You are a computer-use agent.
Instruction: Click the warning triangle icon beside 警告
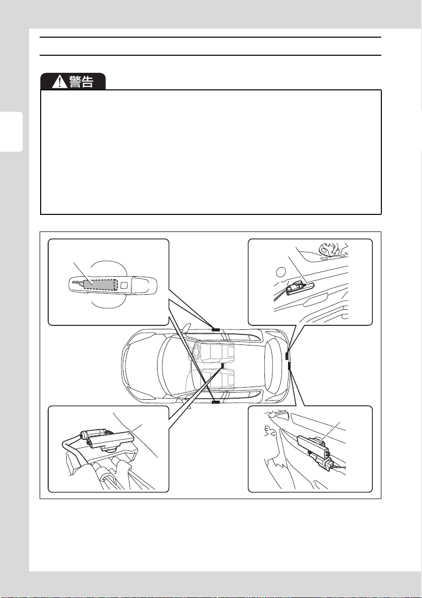(x=59, y=82)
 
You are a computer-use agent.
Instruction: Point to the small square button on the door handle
(x=124, y=285)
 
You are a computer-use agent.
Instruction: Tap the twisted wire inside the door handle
(x=78, y=283)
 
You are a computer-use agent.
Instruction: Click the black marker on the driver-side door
(x=216, y=402)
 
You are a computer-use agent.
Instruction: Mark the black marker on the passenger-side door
(x=216, y=329)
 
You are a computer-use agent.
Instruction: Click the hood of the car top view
(x=141, y=366)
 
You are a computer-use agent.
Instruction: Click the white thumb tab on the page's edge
(x=12, y=132)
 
